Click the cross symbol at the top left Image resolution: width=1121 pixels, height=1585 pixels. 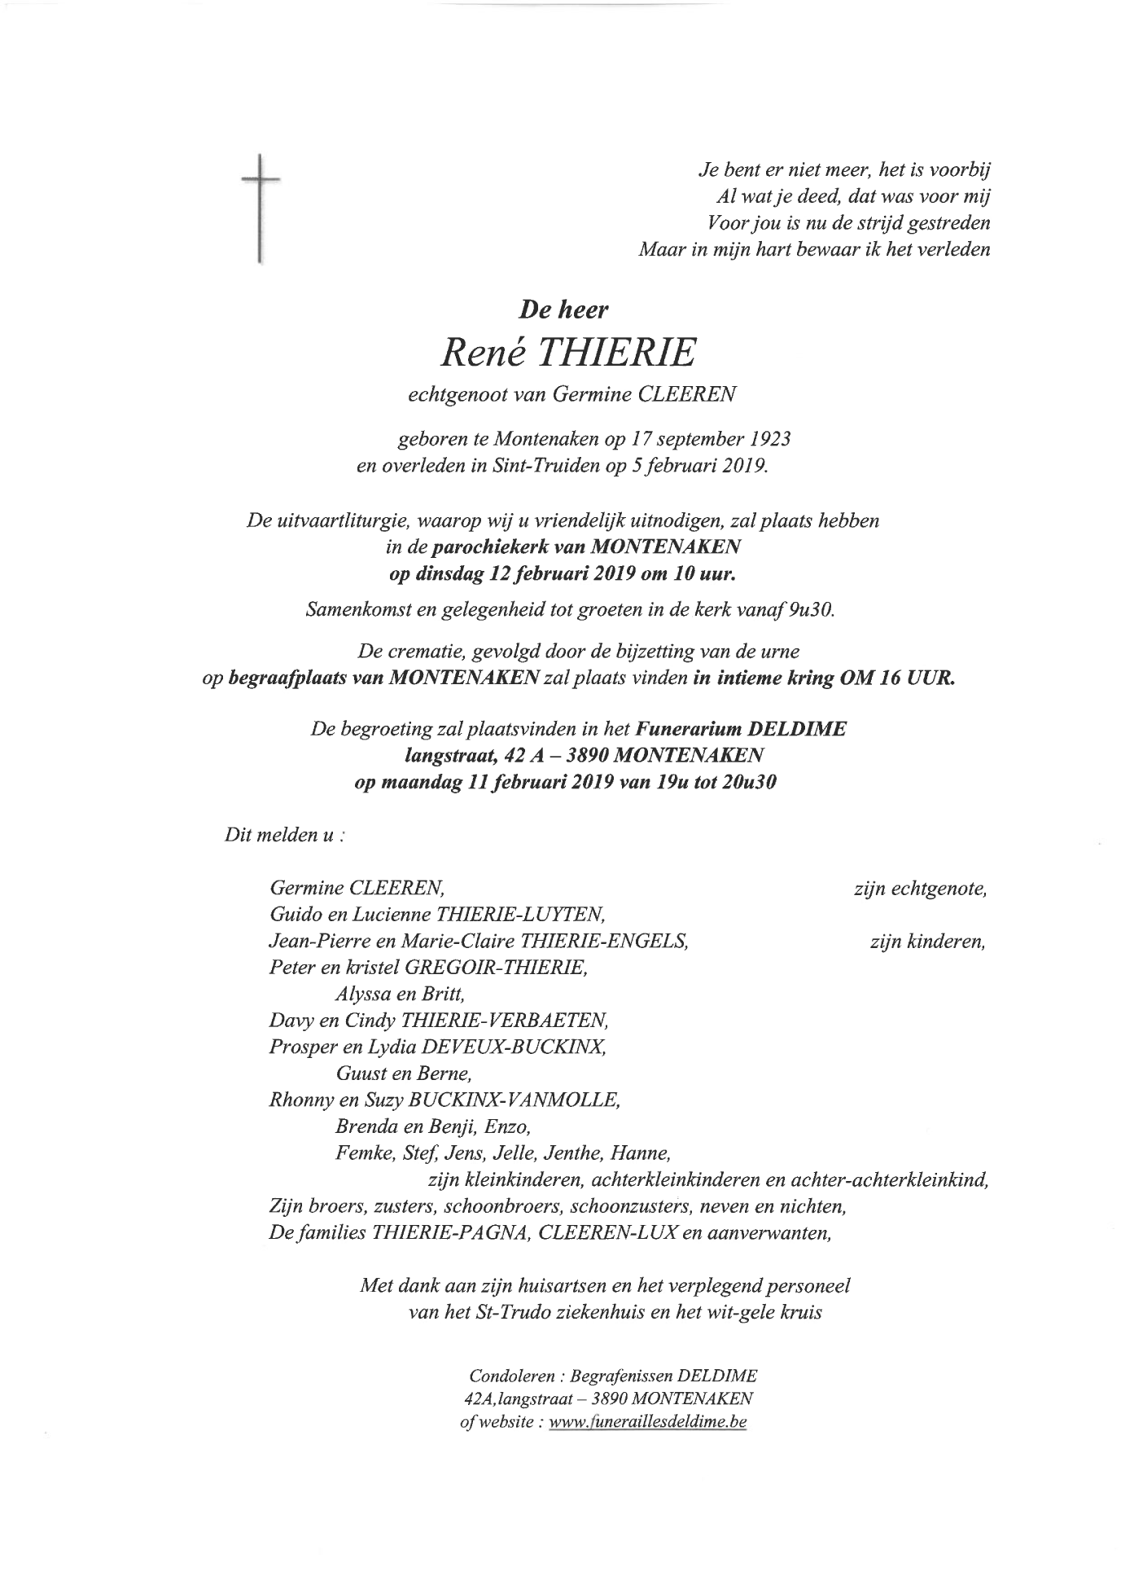coord(260,207)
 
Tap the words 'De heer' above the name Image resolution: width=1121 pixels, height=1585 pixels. coord(564,310)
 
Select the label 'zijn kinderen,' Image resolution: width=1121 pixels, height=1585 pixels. coord(927,942)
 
